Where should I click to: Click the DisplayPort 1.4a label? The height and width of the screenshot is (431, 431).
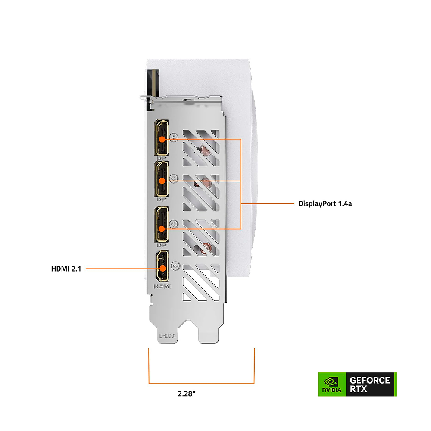pos(325,204)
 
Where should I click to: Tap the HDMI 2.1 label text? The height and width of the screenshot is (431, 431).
pos(66,269)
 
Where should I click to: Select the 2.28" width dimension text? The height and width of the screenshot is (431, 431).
pos(187,394)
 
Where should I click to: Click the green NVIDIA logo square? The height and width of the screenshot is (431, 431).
pos(332,384)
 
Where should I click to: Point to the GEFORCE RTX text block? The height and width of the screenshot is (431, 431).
pos(370,384)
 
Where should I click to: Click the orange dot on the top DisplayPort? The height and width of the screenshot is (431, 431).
pos(162,139)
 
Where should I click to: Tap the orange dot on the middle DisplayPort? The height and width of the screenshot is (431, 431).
pos(162,181)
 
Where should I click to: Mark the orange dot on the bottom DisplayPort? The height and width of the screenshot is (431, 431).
pos(162,229)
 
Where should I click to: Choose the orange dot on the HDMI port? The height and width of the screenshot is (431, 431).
pos(163,269)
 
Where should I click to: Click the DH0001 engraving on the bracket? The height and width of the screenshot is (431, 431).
pos(167,336)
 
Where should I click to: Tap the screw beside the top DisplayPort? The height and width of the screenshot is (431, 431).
pos(174,137)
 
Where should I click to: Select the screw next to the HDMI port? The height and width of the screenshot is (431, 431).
pos(175,266)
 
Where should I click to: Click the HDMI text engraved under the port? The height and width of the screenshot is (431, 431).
pos(162,287)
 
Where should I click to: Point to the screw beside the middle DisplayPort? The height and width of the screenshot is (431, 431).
pos(173,179)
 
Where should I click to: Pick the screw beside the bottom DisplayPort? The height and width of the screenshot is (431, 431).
pos(173,224)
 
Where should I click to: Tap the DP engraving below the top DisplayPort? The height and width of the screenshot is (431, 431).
pos(162,158)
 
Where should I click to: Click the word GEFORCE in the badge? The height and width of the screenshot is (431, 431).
pos(370,381)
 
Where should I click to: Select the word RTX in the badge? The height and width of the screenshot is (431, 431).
pos(359,389)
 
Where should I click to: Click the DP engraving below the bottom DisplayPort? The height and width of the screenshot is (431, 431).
pos(162,245)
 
